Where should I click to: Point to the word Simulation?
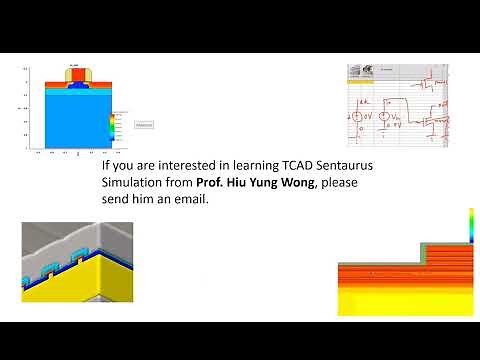click(x=138, y=182)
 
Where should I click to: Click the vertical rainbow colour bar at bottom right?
click(x=470, y=225)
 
